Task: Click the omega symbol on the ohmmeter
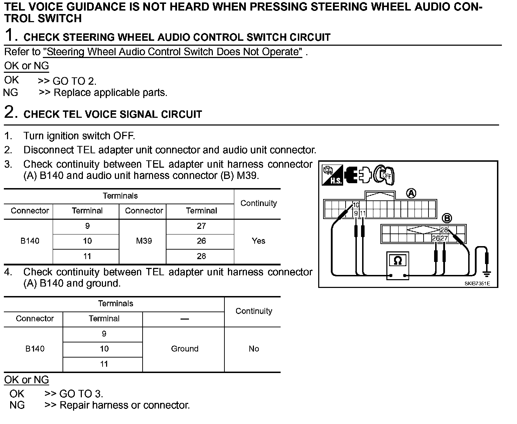tap(398, 261)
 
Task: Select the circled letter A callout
tap(411, 193)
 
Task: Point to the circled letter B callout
tap(447, 218)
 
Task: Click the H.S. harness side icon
tap(332, 175)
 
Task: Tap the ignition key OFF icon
tap(384, 174)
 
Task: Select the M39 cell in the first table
tap(144, 241)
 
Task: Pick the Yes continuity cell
tap(258, 241)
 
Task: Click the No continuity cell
tap(254, 349)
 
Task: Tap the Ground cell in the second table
tap(185, 349)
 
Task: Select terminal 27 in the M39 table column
tap(201, 226)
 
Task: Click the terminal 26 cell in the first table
tap(201, 241)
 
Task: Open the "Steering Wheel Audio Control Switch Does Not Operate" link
tap(172, 52)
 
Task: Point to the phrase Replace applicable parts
tap(110, 93)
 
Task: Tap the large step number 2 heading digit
tap(11, 112)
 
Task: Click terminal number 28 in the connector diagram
tap(444, 230)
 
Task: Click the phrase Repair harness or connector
tap(125, 405)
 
